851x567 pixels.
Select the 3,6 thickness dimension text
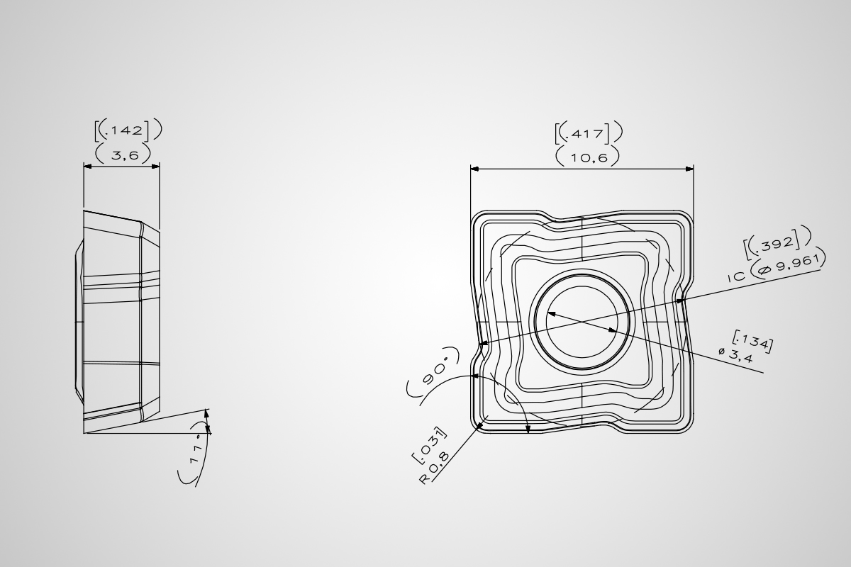click(125, 155)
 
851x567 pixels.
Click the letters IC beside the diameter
click(737, 276)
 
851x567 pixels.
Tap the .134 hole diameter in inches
click(752, 341)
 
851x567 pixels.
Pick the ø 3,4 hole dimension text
click(736, 354)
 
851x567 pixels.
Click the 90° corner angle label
click(434, 370)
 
